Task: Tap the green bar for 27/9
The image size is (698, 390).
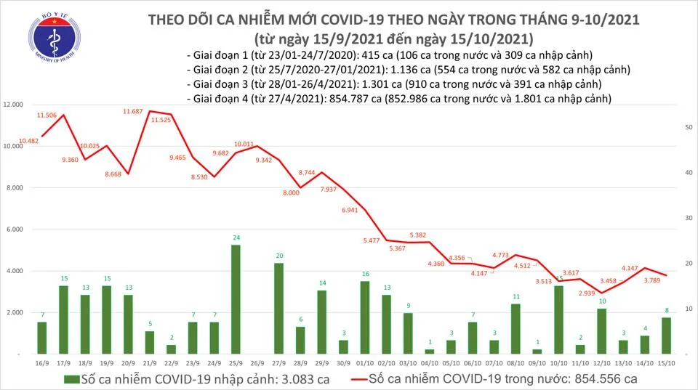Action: click(278, 308)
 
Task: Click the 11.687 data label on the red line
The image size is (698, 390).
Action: click(132, 112)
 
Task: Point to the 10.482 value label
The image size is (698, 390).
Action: click(29, 141)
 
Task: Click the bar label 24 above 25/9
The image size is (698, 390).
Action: click(236, 237)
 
